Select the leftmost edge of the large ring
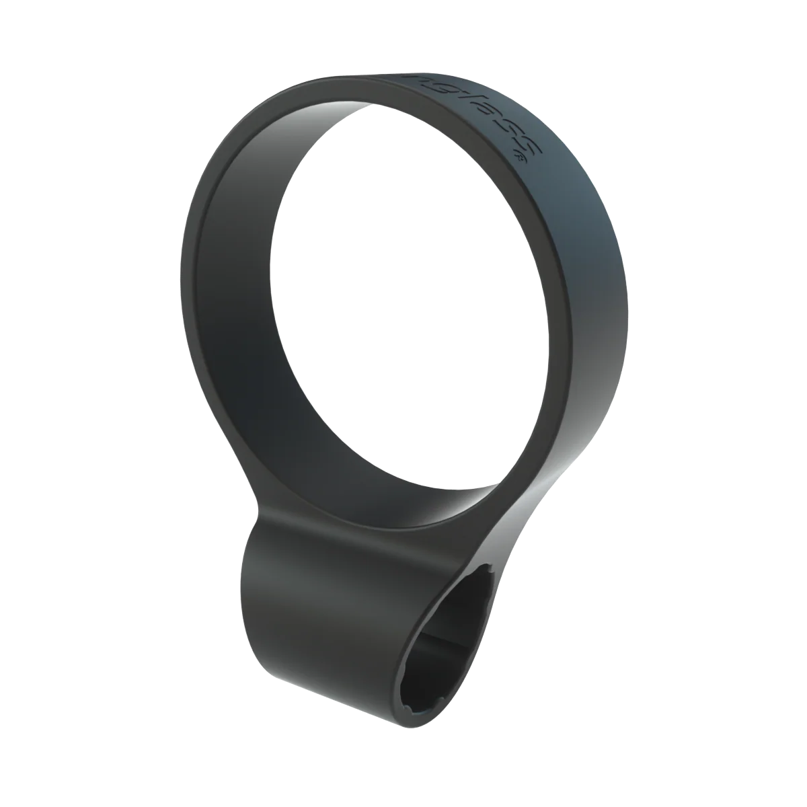[182, 269]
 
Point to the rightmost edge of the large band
[628, 289]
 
